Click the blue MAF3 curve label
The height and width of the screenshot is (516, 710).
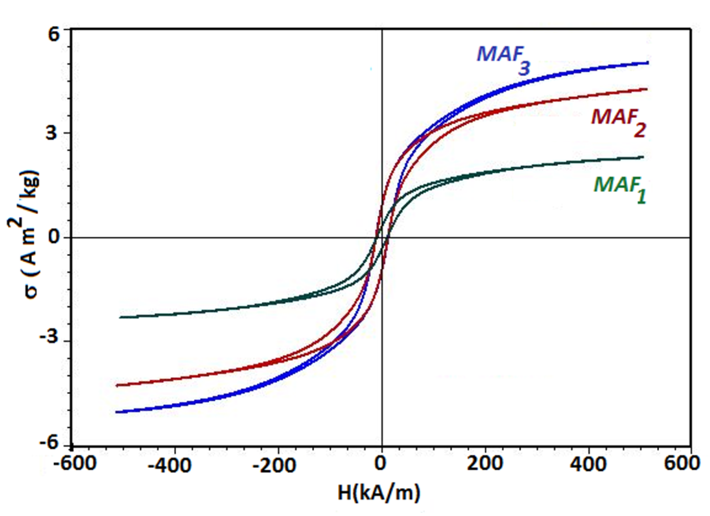pyautogui.click(x=502, y=59)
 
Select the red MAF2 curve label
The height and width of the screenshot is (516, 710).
pyautogui.click(x=618, y=122)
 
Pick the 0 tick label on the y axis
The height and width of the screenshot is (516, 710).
pyautogui.click(x=54, y=236)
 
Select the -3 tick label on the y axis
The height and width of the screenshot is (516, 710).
pyautogui.click(x=49, y=337)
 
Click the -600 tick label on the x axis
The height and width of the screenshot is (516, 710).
pyautogui.click(x=75, y=463)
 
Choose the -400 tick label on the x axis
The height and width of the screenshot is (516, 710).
pyautogui.click(x=169, y=464)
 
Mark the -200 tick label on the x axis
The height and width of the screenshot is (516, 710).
pyautogui.click(x=274, y=464)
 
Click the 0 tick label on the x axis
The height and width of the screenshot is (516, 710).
pyautogui.click(x=381, y=463)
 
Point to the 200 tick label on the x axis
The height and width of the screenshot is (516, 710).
pyautogui.click(x=485, y=463)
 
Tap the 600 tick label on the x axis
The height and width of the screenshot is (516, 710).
pyautogui.click(x=681, y=463)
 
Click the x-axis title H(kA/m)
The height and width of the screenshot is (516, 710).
pyautogui.click(x=379, y=493)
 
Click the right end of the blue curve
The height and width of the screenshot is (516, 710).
pyautogui.click(x=648, y=63)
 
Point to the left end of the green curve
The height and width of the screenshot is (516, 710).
pyautogui.click(x=120, y=317)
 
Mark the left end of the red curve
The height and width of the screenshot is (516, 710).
pyautogui.click(x=117, y=385)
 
